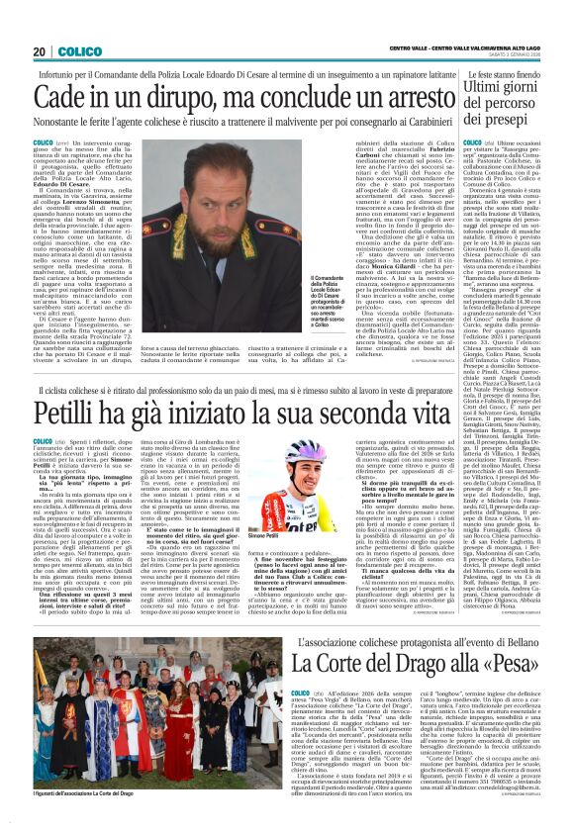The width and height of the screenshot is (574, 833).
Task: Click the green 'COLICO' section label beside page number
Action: pyautogui.click(x=77, y=51)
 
